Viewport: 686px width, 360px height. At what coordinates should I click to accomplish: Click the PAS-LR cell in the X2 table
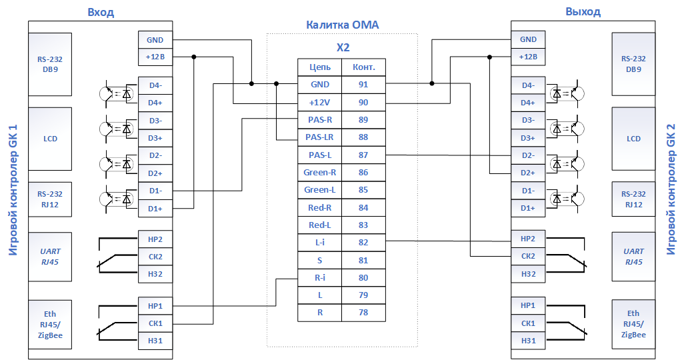[x=319, y=137]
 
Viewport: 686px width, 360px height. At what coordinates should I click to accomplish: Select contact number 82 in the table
[x=363, y=243]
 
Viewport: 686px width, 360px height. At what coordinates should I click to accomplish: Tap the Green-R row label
[x=319, y=173]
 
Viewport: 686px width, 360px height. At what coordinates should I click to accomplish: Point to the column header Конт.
[x=363, y=67]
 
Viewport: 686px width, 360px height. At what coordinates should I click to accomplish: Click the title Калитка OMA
[x=342, y=25]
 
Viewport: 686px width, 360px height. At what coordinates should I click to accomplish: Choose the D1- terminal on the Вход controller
[x=155, y=191]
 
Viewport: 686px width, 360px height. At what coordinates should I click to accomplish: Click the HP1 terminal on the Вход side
[x=155, y=306]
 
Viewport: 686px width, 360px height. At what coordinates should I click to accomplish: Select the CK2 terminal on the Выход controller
[x=528, y=256]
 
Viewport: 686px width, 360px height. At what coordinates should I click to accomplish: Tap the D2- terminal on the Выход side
[x=528, y=155]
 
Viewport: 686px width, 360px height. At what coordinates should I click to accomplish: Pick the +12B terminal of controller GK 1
[x=155, y=57]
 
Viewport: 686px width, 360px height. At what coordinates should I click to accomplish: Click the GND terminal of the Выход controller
[x=528, y=39]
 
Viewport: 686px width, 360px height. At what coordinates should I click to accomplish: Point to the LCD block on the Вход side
[x=50, y=139]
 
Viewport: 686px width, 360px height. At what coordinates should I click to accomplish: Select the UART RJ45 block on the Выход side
[x=633, y=256]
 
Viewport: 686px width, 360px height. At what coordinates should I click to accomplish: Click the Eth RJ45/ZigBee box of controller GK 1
[x=50, y=325]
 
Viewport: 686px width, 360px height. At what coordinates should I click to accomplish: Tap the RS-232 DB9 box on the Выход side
[x=633, y=64]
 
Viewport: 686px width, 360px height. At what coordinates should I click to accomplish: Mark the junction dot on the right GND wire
[x=432, y=83]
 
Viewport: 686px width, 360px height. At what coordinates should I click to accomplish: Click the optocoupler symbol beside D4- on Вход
[x=117, y=93]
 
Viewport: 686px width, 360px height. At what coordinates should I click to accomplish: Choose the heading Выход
[x=583, y=12]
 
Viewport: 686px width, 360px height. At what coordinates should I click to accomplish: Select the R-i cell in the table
[x=319, y=278]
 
